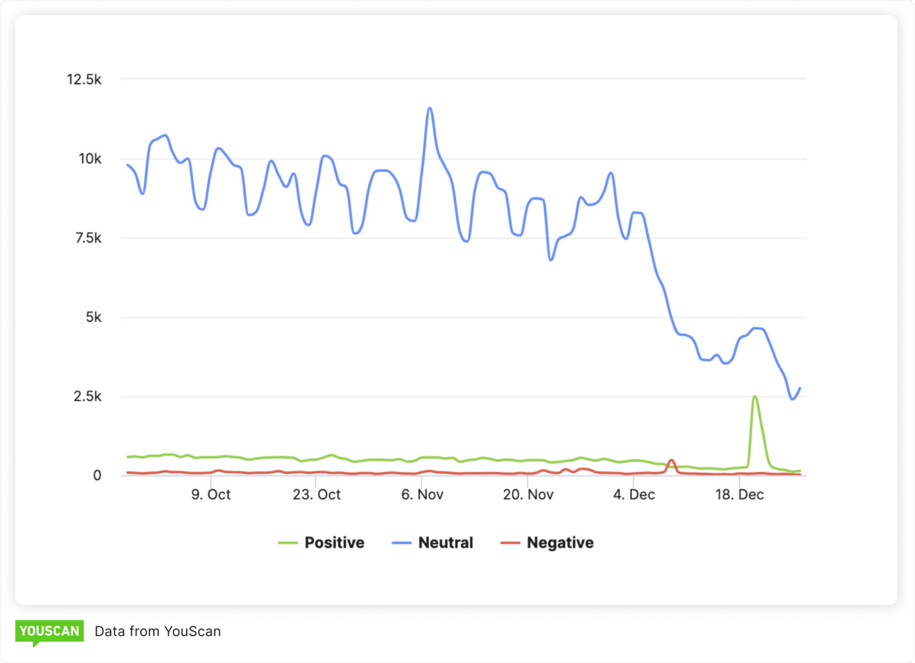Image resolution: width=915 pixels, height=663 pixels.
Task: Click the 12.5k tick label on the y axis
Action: point(84,79)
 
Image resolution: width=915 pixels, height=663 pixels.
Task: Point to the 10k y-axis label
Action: point(91,159)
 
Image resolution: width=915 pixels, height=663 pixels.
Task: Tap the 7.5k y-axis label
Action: point(88,238)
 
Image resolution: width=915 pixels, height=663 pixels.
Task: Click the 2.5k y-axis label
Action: point(88,396)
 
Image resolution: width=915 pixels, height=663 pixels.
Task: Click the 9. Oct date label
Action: point(211,495)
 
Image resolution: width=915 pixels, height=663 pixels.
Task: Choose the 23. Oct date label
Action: point(318,495)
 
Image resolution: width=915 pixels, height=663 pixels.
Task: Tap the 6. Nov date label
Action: point(422,495)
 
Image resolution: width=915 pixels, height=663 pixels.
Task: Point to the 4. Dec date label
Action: point(633,495)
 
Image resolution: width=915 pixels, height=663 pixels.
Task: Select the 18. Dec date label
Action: point(739,495)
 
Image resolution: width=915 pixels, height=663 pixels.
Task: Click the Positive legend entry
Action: point(322,543)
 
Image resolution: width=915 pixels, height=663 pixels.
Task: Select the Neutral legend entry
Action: point(433,543)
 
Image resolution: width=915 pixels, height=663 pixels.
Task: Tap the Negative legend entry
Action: point(547,543)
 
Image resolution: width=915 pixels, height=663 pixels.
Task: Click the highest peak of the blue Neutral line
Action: point(430,108)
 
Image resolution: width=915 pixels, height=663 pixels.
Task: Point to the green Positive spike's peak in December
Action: point(754,396)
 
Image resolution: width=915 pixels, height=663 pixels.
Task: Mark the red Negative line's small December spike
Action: point(671,460)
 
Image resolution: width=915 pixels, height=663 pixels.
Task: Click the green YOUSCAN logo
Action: point(49,632)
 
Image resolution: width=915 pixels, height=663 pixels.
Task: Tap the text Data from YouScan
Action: point(158,632)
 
